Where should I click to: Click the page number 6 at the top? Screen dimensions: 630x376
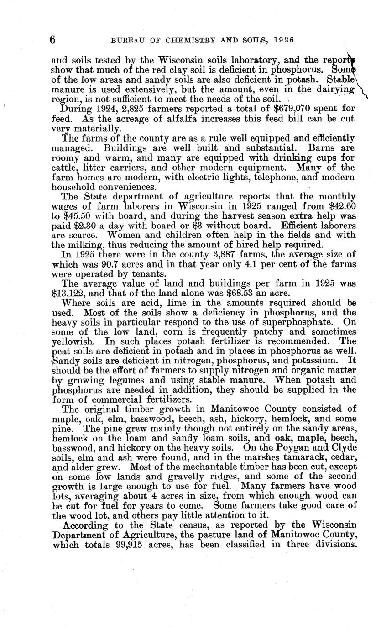pos(52,41)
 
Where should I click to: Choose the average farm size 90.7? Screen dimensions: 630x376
pos(128,263)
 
